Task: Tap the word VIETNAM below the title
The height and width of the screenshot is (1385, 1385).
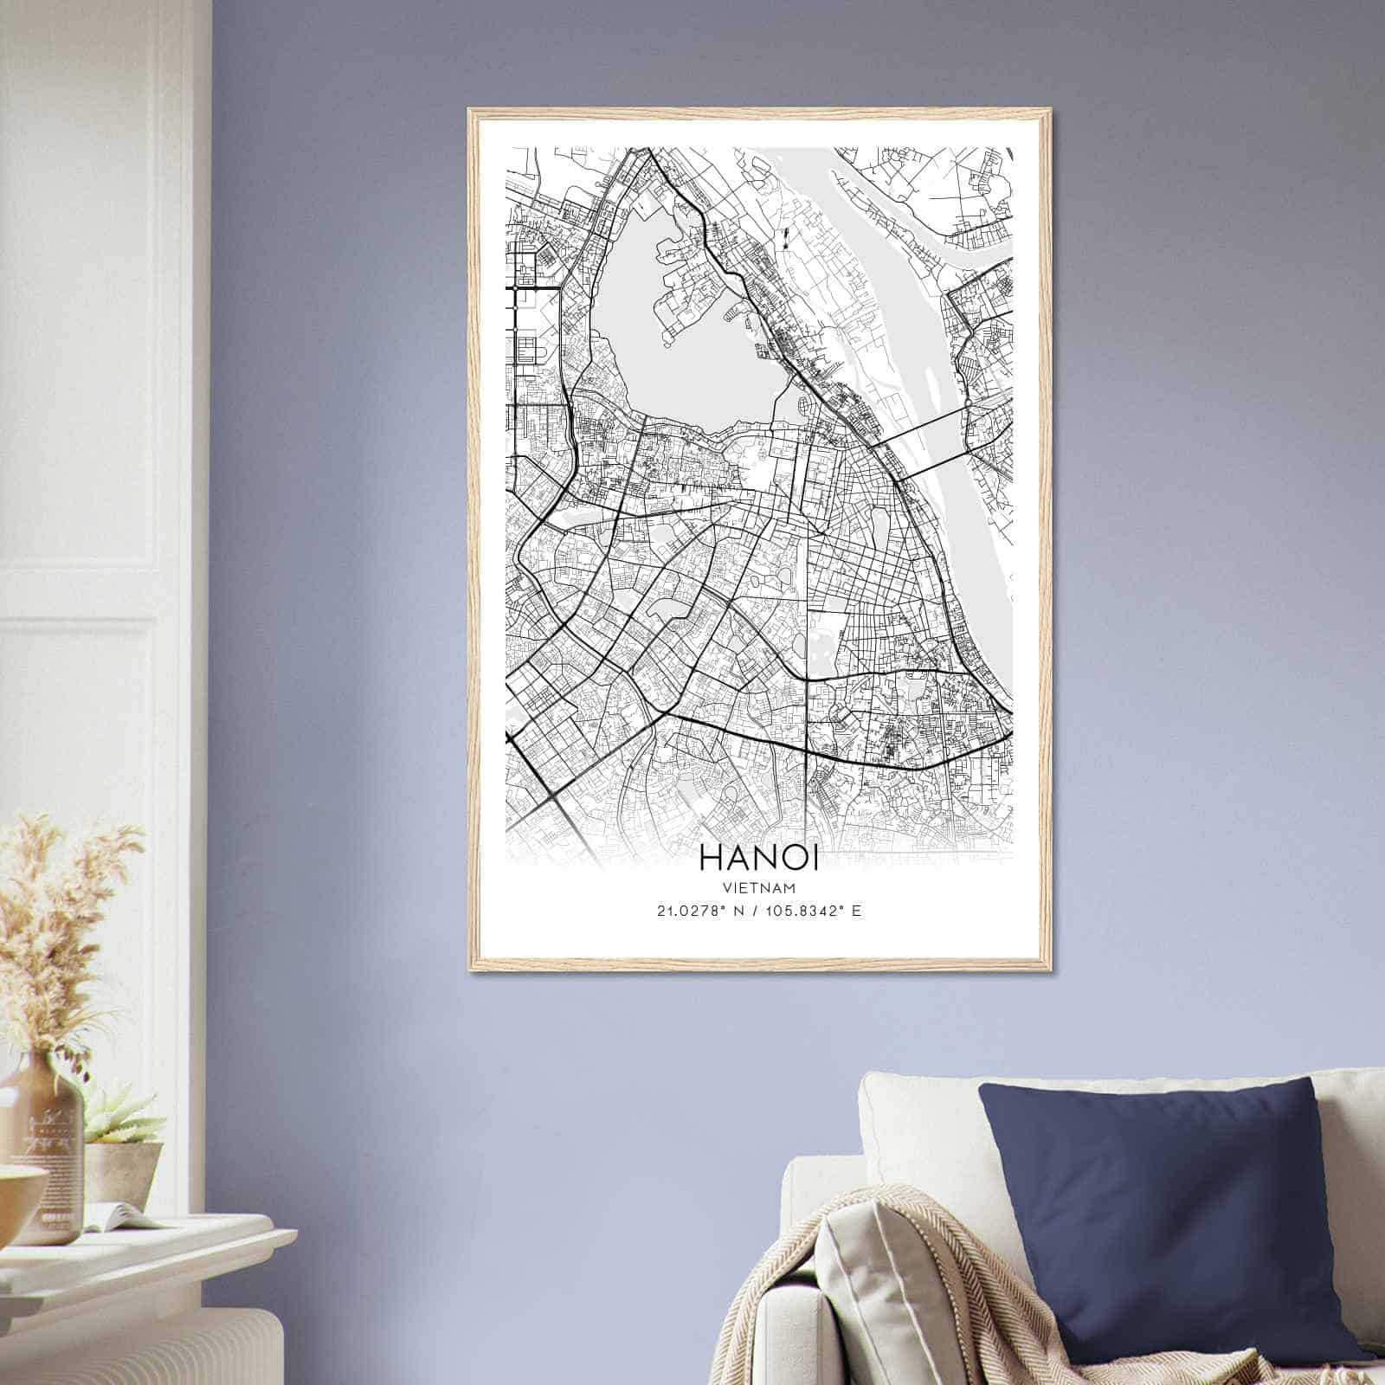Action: point(758,887)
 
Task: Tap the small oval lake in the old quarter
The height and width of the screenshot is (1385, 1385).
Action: point(881,524)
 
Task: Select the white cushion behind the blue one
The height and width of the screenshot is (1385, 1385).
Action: point(918,1125)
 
